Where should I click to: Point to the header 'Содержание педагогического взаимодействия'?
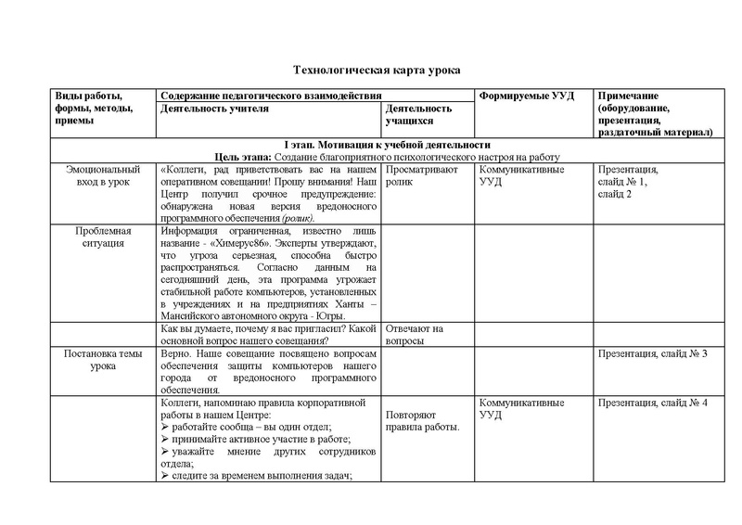click(x=271, y=96)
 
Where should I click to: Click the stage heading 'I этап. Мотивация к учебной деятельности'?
click(x=387, y=145)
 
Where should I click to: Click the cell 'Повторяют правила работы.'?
click(x=422, y=420)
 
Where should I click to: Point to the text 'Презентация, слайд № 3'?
click(x=653, y=354)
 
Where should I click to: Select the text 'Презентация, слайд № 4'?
click(x=653, y=402)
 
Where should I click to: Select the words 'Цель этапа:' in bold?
click(x=241, y=157)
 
